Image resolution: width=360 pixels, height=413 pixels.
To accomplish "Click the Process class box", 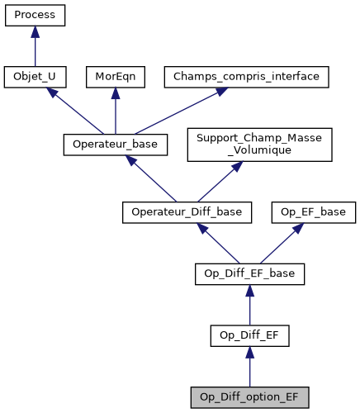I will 35,16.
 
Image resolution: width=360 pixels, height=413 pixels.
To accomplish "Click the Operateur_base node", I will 116,145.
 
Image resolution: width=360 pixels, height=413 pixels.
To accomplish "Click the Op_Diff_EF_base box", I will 249,273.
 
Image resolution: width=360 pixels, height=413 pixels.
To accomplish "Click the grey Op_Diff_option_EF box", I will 249,396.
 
